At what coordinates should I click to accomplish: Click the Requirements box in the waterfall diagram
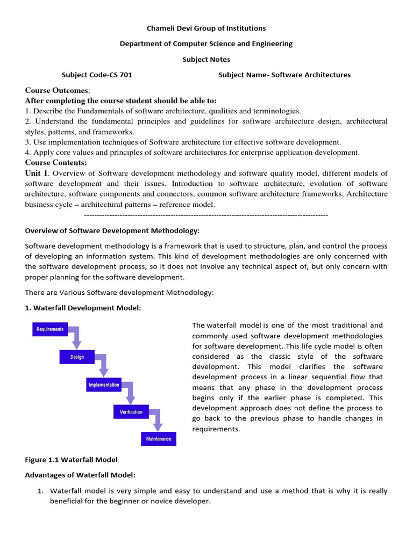pos(49,329)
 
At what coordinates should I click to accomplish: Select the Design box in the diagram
pos(77,357)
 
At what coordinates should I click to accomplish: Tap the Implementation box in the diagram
pos(104,385)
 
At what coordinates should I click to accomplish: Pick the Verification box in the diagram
pos(131,412)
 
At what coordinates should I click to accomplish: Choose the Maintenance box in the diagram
pos(159,439)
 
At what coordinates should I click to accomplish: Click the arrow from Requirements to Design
pos(76,338)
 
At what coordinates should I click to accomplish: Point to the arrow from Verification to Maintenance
pos(156,421)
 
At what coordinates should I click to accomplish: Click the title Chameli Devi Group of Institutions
pos(206,28)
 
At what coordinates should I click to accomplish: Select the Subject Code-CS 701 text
pos(97,75)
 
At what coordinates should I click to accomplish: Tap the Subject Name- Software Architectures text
pos(284,75)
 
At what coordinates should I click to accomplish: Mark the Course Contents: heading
pos(56,162)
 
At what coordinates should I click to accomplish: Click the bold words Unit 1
pos(37,173)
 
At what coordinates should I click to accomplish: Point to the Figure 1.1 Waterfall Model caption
pos(71,459)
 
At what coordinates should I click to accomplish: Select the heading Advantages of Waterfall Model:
pos(80,475)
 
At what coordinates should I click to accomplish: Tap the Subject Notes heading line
pos(206,59)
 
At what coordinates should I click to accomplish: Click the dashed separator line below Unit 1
pos(206,215)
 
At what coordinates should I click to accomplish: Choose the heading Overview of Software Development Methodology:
pos(112,230)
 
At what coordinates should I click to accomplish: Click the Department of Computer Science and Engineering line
pos(206,44)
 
